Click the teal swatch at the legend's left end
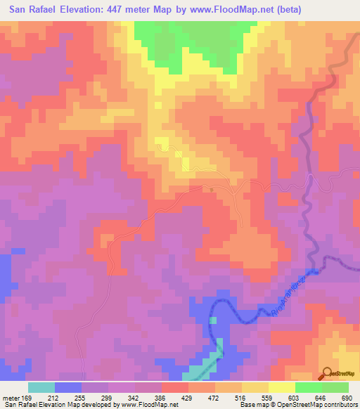(41, 387)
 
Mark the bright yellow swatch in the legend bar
(282, 387)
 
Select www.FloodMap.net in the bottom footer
(154, 405)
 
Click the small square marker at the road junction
(212, 188)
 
